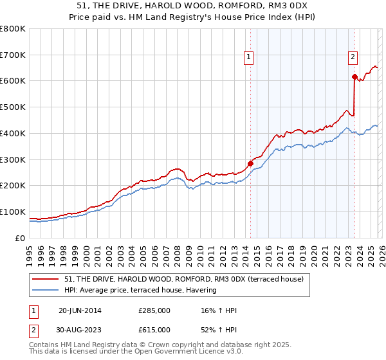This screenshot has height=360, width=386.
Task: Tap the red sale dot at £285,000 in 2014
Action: point(250,163)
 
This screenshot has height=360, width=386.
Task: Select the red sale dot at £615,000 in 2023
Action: point(354,76)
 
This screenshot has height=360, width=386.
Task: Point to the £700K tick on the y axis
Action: point(13,55)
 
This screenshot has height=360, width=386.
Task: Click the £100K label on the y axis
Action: point(13,212)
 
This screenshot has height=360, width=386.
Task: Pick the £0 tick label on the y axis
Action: point(19,238)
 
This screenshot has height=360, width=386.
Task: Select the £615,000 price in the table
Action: point(154,330)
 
